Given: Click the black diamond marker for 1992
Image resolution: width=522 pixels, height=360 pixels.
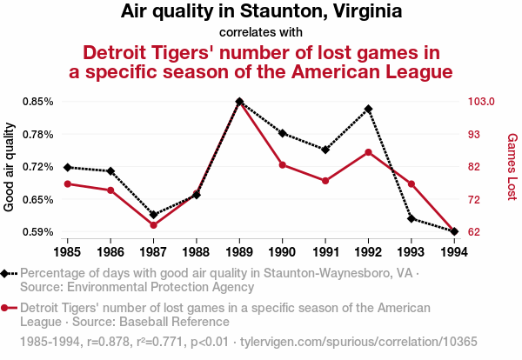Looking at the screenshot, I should click(x=369, y=109).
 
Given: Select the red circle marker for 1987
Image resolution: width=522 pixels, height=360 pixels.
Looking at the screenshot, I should click(x=153, y=225).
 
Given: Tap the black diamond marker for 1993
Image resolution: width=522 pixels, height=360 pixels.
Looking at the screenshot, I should click(x=412, y=219).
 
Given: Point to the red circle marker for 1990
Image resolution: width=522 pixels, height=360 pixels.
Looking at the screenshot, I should click(x=283, y=164).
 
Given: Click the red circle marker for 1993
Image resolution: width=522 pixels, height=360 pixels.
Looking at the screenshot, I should click(x=412, y=184).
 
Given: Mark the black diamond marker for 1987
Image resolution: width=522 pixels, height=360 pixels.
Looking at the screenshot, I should click(x=153, y=214).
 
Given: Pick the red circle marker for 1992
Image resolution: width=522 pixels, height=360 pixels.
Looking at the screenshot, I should click(x=369, y=152).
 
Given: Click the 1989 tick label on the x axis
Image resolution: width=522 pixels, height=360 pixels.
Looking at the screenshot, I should click(x=239, y=252).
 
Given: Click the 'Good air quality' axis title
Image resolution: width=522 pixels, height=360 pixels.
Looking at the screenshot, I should click(x=10, y=167).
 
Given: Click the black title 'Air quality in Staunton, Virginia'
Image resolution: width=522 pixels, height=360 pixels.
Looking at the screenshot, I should click(x=261, y=12).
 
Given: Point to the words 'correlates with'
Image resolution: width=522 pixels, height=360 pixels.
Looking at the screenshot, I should click(x=261, y=33).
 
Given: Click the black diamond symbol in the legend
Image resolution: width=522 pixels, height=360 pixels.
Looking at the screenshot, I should click(x=6, y=273).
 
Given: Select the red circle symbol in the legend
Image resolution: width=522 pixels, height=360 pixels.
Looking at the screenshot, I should click(x=6, y=308).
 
